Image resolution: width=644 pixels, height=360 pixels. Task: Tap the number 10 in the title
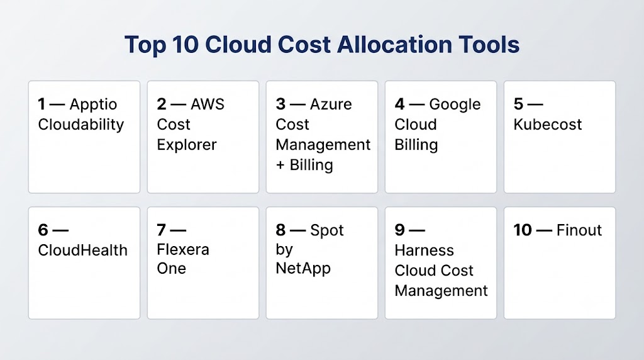186,45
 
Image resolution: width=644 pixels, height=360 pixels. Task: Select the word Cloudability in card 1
81,125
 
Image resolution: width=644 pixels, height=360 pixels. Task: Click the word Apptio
93,105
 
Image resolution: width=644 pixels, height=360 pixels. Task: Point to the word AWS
208,104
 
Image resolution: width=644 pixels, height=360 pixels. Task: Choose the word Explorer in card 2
186,145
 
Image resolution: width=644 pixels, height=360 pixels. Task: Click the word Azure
331,104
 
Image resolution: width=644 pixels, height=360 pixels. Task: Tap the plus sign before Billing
280,165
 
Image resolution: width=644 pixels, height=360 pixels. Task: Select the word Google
455,105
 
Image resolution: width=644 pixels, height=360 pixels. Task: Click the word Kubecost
548,125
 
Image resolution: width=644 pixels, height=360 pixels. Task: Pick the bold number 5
518,104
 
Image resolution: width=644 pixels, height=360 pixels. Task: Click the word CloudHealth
82,250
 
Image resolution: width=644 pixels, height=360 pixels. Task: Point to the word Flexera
183,249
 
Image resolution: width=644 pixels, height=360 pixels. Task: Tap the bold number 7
162,230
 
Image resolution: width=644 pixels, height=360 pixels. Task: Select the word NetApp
303,269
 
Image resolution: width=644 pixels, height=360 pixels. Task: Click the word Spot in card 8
326,231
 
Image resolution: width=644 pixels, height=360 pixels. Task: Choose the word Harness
425,250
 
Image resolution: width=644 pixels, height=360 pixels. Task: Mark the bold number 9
399,230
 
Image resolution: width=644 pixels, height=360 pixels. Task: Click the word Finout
579,230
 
